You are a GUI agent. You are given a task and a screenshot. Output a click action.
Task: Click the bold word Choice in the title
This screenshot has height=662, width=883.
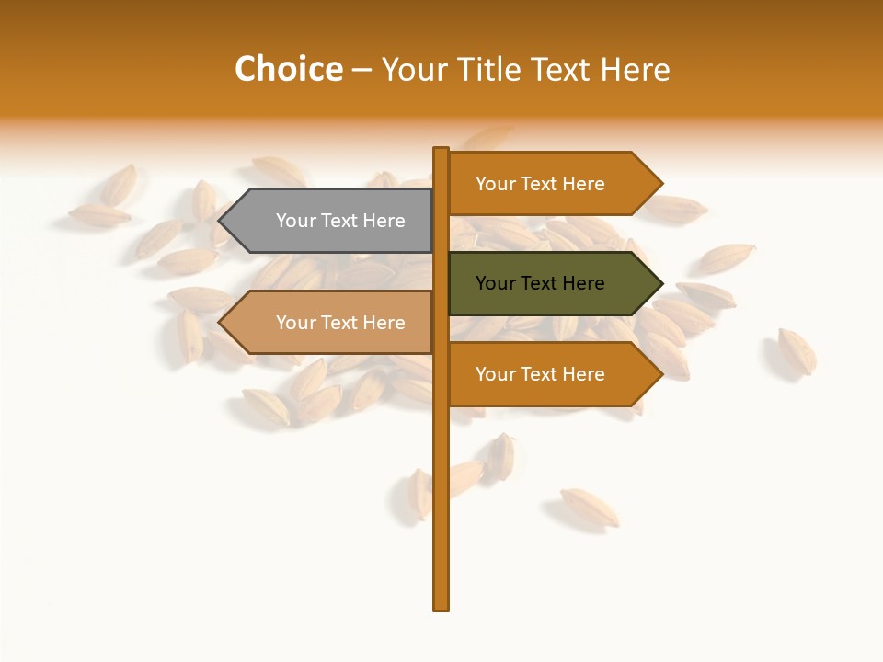point(288,70)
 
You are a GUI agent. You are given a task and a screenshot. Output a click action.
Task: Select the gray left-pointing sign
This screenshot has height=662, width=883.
point(331,221)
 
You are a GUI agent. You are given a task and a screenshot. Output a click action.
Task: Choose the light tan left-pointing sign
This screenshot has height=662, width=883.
point(331,323)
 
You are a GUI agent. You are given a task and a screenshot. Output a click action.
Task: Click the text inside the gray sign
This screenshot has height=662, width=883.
point(340,221)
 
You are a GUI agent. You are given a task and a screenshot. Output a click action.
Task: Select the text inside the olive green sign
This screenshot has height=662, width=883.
point(540,283)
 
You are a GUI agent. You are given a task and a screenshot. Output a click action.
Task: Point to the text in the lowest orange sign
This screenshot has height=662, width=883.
point(540,374)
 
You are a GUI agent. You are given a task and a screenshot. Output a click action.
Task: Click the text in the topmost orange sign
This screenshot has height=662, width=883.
point(540,184)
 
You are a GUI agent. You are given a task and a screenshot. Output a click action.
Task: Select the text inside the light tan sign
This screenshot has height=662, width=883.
point(340,323)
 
